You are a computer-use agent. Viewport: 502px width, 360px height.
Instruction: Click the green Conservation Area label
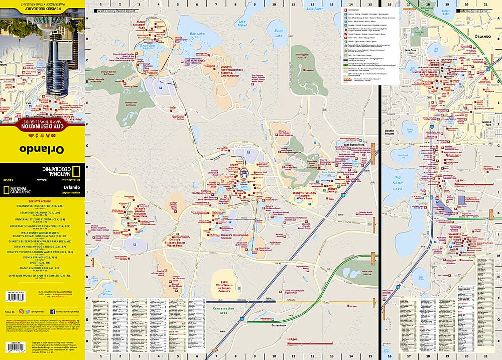click(224, 309)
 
